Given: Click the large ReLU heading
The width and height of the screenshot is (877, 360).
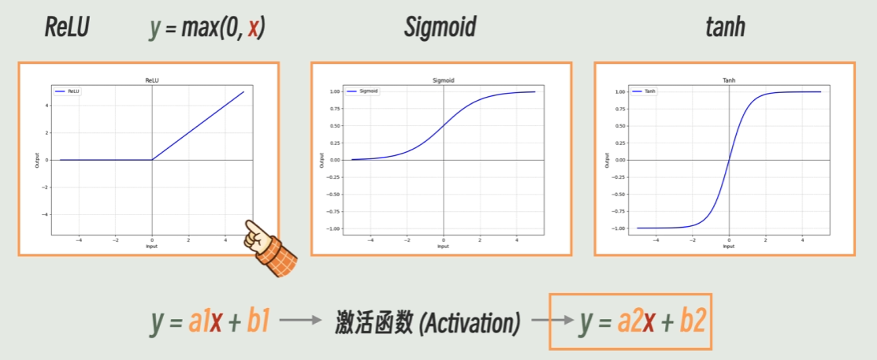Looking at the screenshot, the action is [x=66, y=28].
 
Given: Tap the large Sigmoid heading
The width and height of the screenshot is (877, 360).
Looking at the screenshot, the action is [x=440, y=28].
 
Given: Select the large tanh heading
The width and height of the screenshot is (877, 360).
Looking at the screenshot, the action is [x=725, y=28].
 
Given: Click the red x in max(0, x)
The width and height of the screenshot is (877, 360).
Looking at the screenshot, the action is [x=254, y=30].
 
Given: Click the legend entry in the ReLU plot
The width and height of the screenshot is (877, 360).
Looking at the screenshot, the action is [x=69, y=91].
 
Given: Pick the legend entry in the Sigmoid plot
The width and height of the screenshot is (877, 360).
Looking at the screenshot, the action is [x=363, y=91].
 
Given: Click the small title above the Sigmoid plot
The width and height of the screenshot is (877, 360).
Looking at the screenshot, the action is [x=444, y=80].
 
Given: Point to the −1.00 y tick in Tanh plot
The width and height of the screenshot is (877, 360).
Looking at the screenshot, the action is [x=619, y=228].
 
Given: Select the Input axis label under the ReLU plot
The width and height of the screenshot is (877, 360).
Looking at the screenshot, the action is [x=151, y=246].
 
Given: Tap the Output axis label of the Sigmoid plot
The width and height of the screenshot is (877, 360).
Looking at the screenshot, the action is [x=321, y=160].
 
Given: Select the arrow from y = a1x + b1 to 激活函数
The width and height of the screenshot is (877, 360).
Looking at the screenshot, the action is [x=301, y=321].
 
